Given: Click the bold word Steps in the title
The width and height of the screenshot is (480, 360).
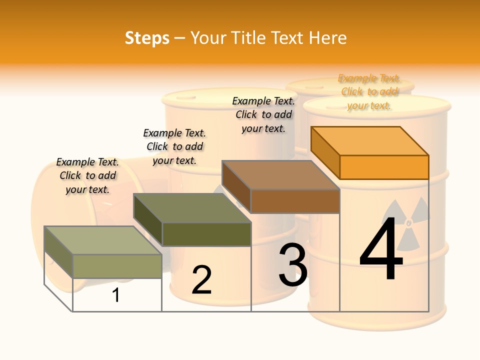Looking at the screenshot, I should (147, 38).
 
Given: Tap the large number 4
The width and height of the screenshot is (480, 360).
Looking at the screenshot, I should (381, 250).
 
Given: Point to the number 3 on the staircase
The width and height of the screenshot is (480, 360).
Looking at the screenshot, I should (293, 265).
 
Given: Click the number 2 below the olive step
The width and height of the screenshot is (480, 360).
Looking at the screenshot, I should (201, 280).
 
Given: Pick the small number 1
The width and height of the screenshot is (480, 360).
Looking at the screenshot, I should (116, 295).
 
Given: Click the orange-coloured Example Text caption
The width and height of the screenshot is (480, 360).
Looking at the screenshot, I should (369, 92).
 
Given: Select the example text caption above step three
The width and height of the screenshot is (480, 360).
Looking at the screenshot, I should (263, 114).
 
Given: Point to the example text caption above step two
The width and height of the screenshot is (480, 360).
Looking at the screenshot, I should (174, 146).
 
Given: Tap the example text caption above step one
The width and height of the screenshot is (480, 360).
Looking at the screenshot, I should (87, 175).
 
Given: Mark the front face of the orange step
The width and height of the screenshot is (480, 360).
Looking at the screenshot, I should (384, 167).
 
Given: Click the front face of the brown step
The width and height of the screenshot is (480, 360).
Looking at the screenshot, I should (295, 201).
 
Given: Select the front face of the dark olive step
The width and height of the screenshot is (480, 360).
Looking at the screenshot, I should (206, 234).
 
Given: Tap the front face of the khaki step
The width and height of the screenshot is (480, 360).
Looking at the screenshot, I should (117, 266).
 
